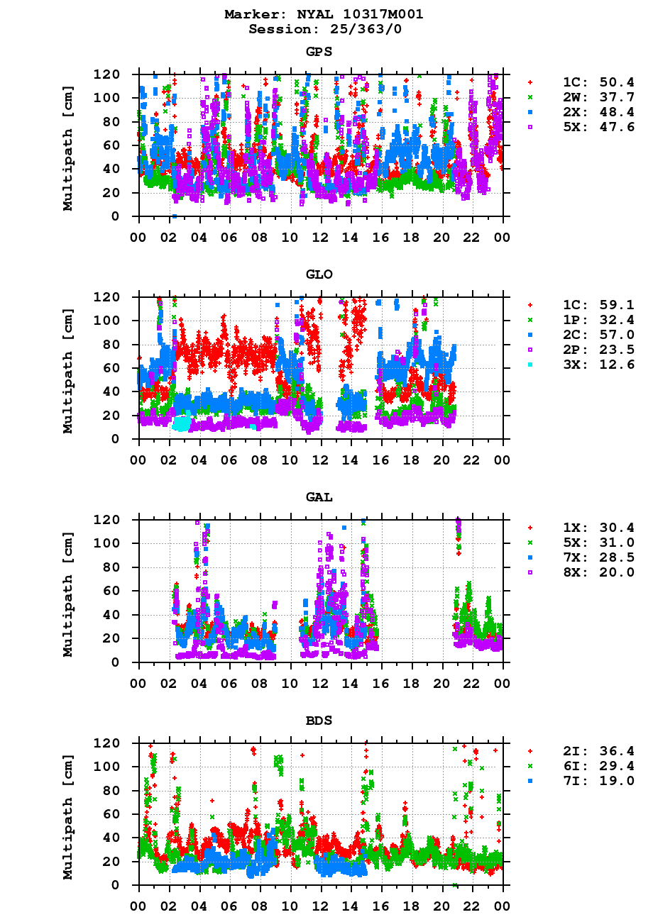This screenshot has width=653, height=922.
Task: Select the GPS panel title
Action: (319, 52)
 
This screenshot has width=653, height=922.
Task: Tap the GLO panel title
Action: (319, 274)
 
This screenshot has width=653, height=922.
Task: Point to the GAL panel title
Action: (319, 497)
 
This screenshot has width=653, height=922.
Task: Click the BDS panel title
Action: (319, 721)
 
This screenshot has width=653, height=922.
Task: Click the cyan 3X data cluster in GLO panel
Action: (182, 423)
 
